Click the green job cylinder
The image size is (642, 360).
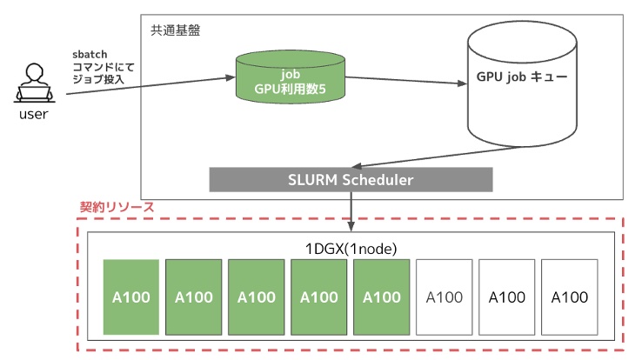point(291,77)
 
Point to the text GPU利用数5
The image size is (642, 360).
point(291,88)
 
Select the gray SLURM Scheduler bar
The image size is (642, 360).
point(351,180)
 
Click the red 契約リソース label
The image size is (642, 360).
point(117,208)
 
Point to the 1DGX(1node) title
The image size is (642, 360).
point(351,248)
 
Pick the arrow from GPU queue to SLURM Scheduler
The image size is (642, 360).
point(435,157)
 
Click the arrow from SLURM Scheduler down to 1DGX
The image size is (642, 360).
point(351,209)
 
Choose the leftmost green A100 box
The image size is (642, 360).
point(131,297)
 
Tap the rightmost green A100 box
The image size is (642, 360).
point(381,297)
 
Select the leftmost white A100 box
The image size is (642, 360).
point(444,297)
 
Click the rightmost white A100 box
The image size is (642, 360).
point(569,297)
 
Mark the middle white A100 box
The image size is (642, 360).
point(506,297)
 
